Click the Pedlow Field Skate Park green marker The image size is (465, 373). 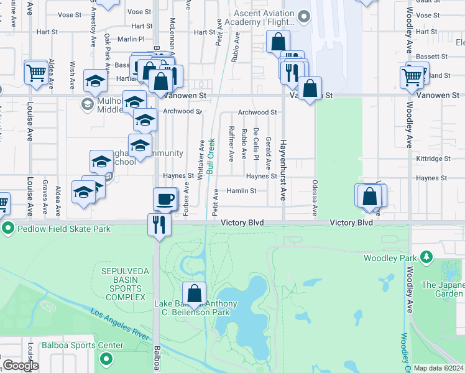(x=8, y=229)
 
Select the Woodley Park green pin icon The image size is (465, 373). (x=426, y=257)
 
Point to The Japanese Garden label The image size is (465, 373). (x=443, y=289)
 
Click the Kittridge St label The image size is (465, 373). (x=434, y=159)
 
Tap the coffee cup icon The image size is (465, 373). (x=165, y=199)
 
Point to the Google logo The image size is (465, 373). (x=21, y=366)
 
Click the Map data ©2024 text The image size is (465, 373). (x=438, y=368)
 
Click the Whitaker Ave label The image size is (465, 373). (x=201, y=160)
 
